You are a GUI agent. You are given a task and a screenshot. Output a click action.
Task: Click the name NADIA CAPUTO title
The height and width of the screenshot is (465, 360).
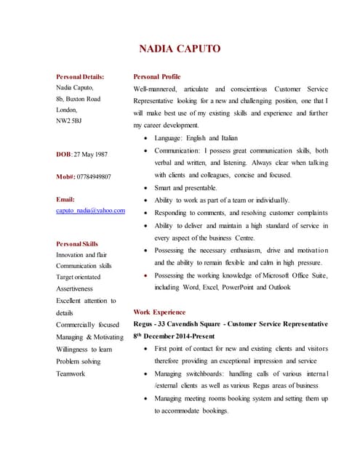click(179, 49)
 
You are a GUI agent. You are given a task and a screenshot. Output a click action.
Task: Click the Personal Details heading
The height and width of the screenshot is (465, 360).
click(80, 76)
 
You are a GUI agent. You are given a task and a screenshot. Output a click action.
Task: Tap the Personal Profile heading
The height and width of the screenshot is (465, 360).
click(157, 76)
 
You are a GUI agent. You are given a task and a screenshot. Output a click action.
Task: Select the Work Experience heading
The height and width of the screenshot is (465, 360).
click(159, 311)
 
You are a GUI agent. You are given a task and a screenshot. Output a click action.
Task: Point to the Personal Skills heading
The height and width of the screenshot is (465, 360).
click(77, 243)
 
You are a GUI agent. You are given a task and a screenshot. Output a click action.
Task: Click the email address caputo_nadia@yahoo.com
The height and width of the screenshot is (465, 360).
click(90, 210)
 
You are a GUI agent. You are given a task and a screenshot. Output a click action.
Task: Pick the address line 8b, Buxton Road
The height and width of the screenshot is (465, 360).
click(79, 98)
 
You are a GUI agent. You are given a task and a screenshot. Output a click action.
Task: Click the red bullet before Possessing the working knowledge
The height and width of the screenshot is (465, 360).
click(148, 276)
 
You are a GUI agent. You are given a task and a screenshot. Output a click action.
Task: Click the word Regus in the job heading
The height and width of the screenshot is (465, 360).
click(144, 323)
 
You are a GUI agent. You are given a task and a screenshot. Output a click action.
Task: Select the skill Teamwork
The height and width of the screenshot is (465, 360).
click(71, 373)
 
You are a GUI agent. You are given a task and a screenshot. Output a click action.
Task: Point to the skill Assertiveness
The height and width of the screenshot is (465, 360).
click(74, 288)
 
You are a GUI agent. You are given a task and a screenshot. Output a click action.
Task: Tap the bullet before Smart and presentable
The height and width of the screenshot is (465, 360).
click(148, 187)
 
